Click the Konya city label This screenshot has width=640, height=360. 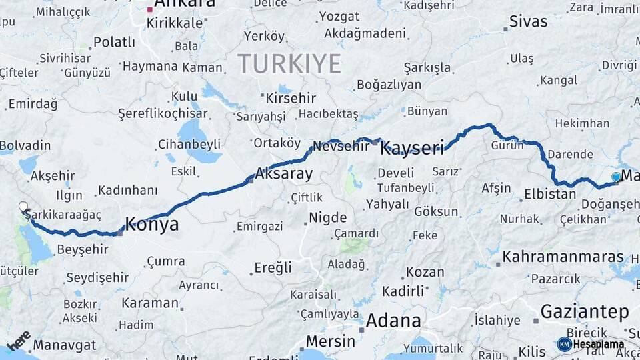[x=152, y=225]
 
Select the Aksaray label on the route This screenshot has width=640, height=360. [x=284, y=175]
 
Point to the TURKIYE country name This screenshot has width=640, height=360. [x=289, y=64]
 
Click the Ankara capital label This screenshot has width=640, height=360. [x=185, y=3]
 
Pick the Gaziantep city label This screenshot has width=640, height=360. [x=585, y=311]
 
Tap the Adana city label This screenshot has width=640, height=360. [x=393, y=320]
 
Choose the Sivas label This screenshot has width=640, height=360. [x=528, y=21]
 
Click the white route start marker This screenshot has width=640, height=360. [x=23, y=207]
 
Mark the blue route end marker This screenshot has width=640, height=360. [x=616, y=177]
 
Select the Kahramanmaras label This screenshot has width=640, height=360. [x=563, y=257]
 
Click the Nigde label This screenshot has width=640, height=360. [x=327, y=217]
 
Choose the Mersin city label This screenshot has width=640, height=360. [x=330, y=341]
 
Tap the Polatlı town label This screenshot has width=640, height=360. [x=114, y=42]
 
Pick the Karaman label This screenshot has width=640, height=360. [x=150, y=303]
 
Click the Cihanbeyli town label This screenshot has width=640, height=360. [x=189, y=144]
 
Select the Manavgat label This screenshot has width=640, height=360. [x=64, y=345]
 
